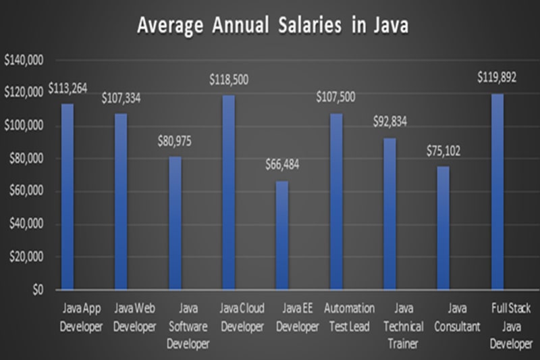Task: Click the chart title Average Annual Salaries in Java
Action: point(273,26)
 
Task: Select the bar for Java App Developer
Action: point(67,197)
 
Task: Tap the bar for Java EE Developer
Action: point(282,235)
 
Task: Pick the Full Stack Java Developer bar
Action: point(497,192)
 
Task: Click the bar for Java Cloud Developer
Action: point(229,192)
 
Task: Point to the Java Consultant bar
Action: point(443,228)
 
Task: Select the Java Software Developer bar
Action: point(175,224)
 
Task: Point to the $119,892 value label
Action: point(497,78)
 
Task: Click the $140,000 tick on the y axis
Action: point(24,61)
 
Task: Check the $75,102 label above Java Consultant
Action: point(443,152)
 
